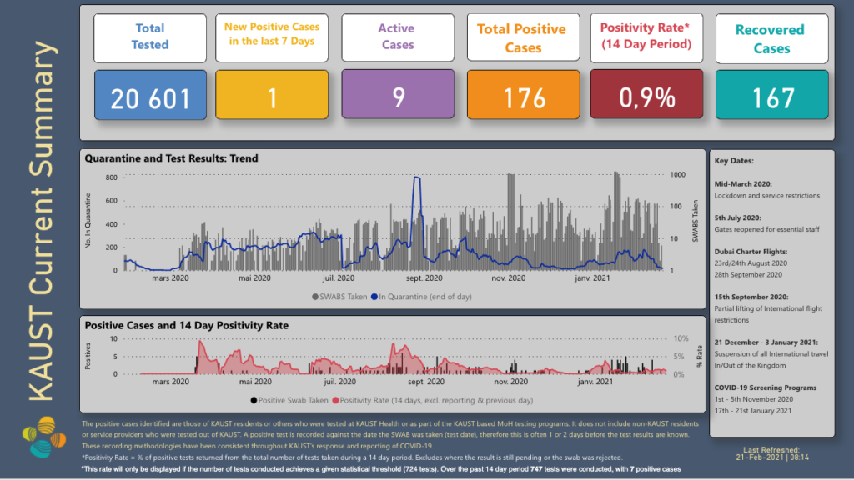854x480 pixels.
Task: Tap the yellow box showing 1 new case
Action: pos(272,97)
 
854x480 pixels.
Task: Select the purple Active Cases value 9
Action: pos(398,97)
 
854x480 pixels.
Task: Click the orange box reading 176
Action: pos(524,97)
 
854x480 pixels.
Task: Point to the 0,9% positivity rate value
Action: pos(647,97)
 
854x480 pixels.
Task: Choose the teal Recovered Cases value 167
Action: pos(772,97)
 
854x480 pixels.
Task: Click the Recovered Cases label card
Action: pos(772,39)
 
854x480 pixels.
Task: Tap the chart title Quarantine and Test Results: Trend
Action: pos(173,158)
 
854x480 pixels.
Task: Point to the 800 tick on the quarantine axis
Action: pos(111,177)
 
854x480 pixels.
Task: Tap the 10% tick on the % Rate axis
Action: pos(680,339)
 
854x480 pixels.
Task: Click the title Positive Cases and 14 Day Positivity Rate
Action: pos(188,325)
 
